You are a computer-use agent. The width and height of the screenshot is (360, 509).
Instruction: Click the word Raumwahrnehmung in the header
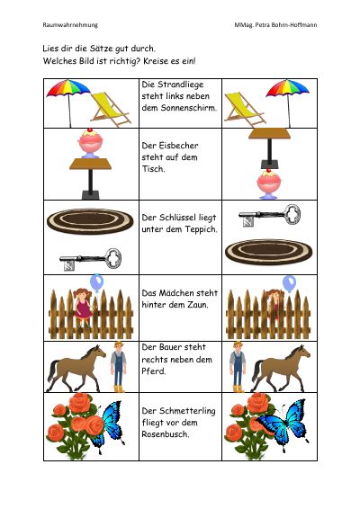(70, 25)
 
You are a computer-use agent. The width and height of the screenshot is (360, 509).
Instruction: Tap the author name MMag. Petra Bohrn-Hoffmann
(275, 25)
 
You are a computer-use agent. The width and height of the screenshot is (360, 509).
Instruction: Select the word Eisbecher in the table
(178, 146)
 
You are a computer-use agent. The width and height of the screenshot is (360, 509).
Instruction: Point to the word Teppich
(201, 229)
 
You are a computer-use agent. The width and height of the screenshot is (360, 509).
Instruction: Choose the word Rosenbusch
(165, 434)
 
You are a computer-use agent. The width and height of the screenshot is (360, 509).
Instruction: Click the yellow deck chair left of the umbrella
(245, 110)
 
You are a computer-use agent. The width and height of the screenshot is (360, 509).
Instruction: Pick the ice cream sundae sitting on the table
(90, 143)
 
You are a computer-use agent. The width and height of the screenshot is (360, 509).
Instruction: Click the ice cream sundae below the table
(269, 183)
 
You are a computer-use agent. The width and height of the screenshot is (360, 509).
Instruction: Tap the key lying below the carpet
(91, 260)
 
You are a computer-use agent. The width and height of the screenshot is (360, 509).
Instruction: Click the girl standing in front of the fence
(83, 308)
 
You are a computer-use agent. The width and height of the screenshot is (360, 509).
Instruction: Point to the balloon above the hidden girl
(289, 283)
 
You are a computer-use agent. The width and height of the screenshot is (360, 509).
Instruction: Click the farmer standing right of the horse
(118, 367)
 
